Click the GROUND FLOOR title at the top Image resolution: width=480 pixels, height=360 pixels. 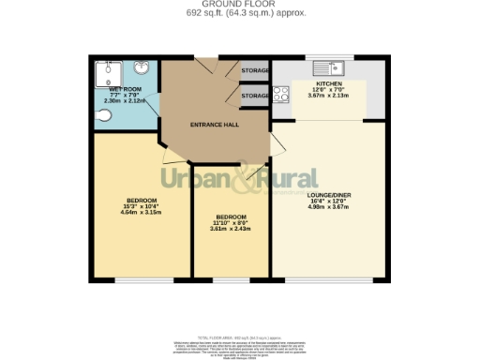[240, 5]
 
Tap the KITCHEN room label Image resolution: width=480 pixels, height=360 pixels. [328, 83]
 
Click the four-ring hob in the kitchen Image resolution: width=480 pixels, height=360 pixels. [279, 94]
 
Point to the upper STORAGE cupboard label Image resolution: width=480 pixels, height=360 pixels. [255, 70]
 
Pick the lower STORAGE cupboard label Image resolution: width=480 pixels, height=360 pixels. [255, 96]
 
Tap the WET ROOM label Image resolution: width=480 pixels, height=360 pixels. [125, 89]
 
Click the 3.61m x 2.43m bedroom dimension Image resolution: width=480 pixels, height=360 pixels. [231, 229]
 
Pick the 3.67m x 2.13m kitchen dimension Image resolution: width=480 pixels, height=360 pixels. [328, 97]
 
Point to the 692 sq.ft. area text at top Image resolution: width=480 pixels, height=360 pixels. [240, 13]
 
